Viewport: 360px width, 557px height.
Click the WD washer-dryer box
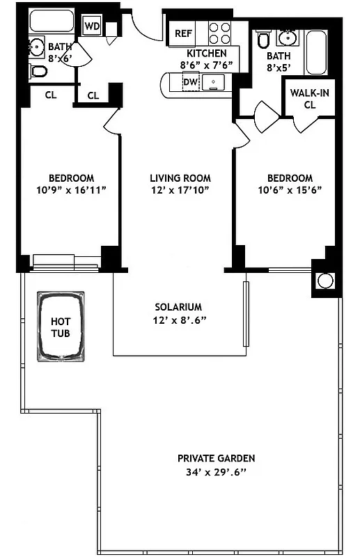(92, 26)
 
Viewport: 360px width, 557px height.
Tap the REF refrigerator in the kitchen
(183, 33)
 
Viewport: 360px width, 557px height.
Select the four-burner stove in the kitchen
(220, 33)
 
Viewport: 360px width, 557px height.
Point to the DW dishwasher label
(190, 82)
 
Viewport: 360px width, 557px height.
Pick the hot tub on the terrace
(61, 328)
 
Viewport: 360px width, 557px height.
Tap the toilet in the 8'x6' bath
(39, 71)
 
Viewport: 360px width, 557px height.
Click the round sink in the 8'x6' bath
(36, 47)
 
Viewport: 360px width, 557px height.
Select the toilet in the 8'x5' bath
(263, 41)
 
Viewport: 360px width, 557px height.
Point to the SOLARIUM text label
(178, 307)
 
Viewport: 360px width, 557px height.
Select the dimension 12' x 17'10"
(180, 190)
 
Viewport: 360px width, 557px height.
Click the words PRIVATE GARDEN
(216, 458)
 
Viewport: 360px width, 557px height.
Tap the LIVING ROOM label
(180, 178)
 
